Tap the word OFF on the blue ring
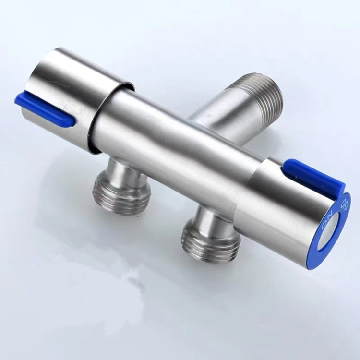(344, 204)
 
